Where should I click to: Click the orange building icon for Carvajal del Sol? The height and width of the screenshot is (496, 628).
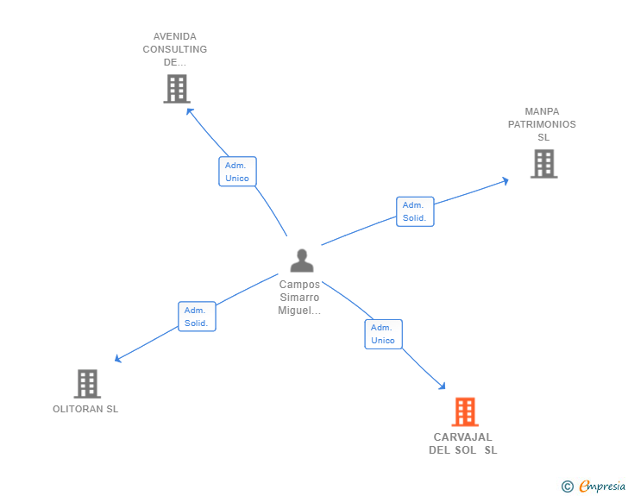point(465,411)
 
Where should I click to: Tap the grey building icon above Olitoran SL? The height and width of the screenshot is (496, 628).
point(87,383)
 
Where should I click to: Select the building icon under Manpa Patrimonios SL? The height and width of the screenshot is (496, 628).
point(543,163)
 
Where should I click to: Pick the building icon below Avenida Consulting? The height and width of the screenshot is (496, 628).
point(177,89)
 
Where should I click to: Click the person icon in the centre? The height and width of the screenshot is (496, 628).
point(302,261)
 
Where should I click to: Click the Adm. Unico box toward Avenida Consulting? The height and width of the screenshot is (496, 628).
point(237,172)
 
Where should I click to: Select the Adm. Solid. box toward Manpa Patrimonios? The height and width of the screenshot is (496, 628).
point(415,211)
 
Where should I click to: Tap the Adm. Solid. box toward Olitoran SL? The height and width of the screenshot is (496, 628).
point(197,317)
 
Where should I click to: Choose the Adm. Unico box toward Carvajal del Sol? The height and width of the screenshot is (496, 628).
point(383,334)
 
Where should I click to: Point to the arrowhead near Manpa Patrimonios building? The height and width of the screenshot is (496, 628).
point(506,181)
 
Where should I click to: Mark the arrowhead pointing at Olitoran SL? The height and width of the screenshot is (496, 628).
point(117,359)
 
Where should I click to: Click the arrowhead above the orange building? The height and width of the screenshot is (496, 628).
point(443,386)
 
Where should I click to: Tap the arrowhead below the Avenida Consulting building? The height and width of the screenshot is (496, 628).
point(190,111)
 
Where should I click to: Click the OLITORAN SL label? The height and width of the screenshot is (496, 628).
point(85,409)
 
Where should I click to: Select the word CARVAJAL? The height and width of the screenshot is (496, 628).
point(462,437)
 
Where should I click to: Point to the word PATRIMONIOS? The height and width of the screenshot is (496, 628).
point(542,124)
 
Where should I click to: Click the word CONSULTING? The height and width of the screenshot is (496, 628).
point(175,49)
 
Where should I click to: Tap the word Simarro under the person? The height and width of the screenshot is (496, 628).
point(299,298)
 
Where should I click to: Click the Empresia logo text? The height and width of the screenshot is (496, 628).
point(602,487)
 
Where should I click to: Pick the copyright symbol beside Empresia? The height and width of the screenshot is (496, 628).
point(568,487)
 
